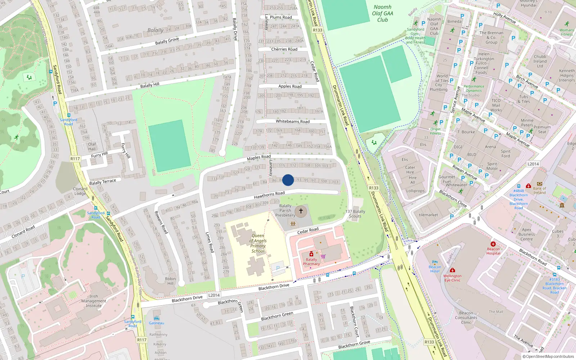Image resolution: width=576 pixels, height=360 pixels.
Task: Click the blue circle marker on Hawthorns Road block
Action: click(x=288, y=180)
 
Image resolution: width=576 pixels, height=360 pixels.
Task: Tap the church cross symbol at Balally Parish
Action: click(x=301, y=211)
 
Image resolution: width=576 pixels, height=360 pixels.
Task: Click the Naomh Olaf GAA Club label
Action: click(x=382, y=13)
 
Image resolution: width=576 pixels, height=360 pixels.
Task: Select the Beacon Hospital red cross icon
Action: click(x=493, y=244)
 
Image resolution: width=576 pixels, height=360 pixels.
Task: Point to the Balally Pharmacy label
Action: click(x=311, y=262)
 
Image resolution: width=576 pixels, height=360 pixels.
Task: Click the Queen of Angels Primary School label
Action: click(x=258, y=243)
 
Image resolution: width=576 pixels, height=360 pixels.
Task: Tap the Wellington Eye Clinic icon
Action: click(x=453, y=270)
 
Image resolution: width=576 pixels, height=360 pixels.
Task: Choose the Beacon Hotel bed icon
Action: click(x=435, y=262)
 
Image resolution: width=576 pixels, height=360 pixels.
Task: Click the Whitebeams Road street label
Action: click(x=292, y=121)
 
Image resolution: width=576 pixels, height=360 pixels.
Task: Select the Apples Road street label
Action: click(x=290, y=86)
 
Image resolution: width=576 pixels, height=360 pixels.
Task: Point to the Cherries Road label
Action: click(x=284, y=49)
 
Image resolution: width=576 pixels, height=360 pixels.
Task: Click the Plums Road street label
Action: click(x=281, y=17)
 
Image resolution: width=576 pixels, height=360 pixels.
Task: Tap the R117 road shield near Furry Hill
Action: click(x=75, y=159)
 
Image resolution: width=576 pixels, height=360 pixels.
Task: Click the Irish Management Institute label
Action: click(x=94, y=301)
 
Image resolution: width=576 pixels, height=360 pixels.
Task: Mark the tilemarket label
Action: click(x=428, y=215)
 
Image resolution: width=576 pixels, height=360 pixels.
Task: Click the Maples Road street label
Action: click(x=258, y=158)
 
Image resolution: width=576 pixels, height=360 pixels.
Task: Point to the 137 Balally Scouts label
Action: click(x=355, y=214)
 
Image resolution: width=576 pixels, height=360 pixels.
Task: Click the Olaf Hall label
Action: click(x=92, y=147)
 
